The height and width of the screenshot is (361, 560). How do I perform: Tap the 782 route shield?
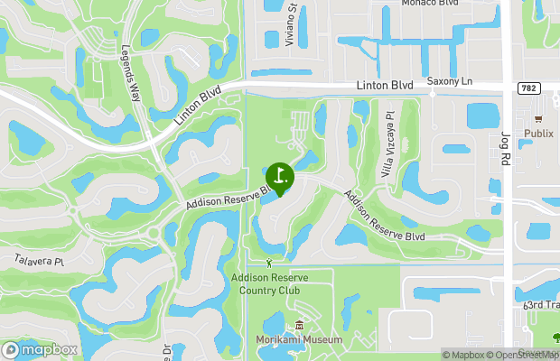528,88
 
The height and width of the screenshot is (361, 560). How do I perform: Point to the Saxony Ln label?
449,81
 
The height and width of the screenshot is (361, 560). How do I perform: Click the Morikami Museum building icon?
298,326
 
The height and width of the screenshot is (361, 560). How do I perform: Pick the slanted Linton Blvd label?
197,106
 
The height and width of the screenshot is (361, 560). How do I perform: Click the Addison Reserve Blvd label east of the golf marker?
383,215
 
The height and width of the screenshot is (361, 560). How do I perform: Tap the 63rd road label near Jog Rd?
539,305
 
